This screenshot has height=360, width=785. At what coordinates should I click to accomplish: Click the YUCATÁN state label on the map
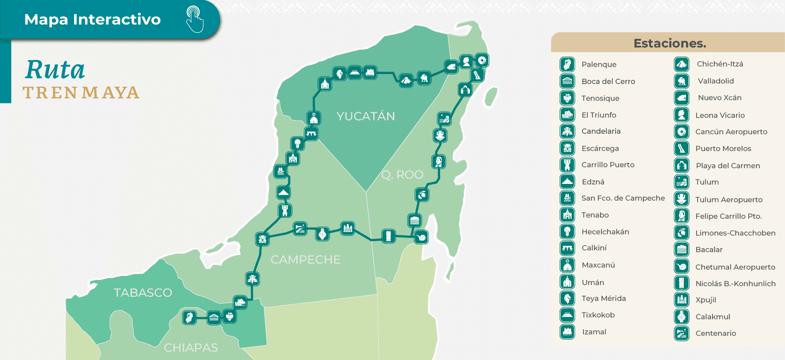click(366, 116)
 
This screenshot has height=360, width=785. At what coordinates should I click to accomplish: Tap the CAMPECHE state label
click(305, 259)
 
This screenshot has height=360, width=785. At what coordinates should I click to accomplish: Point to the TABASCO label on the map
click(143, 293)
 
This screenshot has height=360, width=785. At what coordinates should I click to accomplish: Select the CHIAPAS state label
click(191, 348)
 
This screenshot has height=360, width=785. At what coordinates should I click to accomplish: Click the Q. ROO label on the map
click(402, 175)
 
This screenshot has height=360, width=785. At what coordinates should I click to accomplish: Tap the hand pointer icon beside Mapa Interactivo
click(195, 19)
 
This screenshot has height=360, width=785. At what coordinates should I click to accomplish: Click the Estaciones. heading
click(670, 43)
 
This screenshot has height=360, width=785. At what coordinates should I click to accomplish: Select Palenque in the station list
click(599, 64)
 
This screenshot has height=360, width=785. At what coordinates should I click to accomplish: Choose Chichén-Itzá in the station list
click(720, 64)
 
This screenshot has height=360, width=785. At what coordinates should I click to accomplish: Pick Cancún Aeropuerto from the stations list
click(731, 131)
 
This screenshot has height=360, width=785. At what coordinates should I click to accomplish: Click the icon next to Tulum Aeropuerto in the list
click(681, 199)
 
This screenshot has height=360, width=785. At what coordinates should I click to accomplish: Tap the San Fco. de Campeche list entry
click(623, 198)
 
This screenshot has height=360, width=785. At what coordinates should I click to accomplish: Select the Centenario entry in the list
click(715, 333)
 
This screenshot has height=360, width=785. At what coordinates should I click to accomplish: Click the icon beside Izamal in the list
click(568, 332)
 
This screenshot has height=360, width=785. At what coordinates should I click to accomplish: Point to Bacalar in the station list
click(709, 249)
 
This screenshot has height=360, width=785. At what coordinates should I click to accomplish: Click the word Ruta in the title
click(55, 70)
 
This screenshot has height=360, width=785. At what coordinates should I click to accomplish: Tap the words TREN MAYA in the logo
click(81, 93)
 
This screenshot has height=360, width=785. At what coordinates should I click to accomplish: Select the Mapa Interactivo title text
click(92, 19)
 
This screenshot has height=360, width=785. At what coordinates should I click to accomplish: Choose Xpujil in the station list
click(706, 300)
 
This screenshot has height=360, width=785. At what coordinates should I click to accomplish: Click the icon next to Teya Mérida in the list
click(568, 298)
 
